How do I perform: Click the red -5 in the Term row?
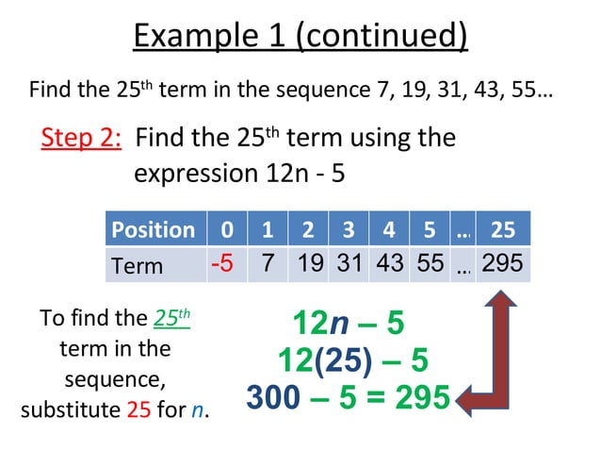click(223, 263)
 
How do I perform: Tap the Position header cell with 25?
click(503, 229)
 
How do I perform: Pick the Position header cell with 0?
click(224, 229)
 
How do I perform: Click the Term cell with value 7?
click(268, 263)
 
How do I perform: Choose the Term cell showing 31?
click(349, 263)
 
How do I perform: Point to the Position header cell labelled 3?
click(349, 229)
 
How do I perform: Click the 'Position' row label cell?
click(153, 229)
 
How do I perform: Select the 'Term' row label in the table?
click(138, 265)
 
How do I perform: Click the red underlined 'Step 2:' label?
click(82, 139)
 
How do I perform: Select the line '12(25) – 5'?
click(352, 359)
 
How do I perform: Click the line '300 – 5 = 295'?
click(348, 398)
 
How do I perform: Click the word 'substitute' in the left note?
click(71, 411)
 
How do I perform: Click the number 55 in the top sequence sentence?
click(525, 91)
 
